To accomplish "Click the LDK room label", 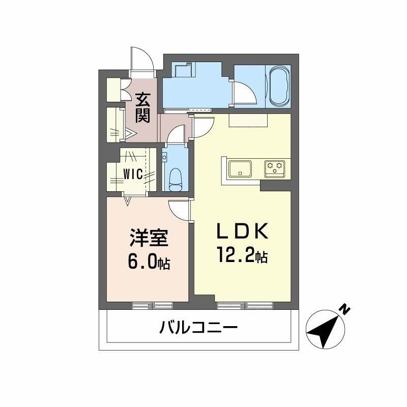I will (242, 232).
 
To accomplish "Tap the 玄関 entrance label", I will (143, 106).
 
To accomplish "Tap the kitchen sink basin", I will (240, 168).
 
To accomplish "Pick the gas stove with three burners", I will (275, 167).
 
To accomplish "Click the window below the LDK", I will (245, 305).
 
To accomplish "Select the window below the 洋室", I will (152, 305).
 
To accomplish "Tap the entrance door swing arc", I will (141, 59).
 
